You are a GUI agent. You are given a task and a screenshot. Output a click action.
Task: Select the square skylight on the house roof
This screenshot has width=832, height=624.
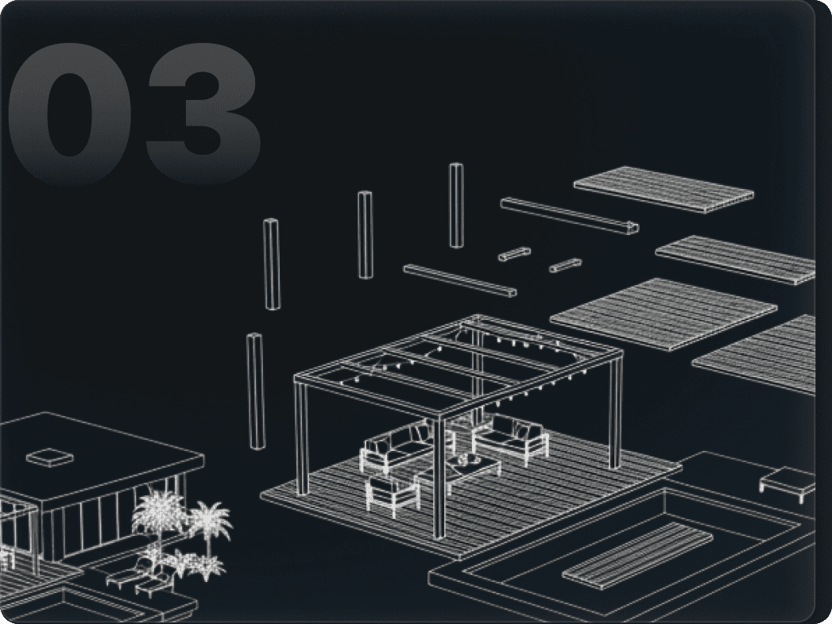49,457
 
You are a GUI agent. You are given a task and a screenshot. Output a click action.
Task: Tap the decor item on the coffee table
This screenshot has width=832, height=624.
463,460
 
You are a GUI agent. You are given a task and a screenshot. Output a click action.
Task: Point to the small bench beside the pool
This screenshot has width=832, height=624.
787,480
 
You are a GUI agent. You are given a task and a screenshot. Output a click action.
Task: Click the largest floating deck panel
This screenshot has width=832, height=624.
663,314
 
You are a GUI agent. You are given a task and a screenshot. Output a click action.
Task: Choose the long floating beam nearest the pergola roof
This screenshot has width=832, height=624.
459,280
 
